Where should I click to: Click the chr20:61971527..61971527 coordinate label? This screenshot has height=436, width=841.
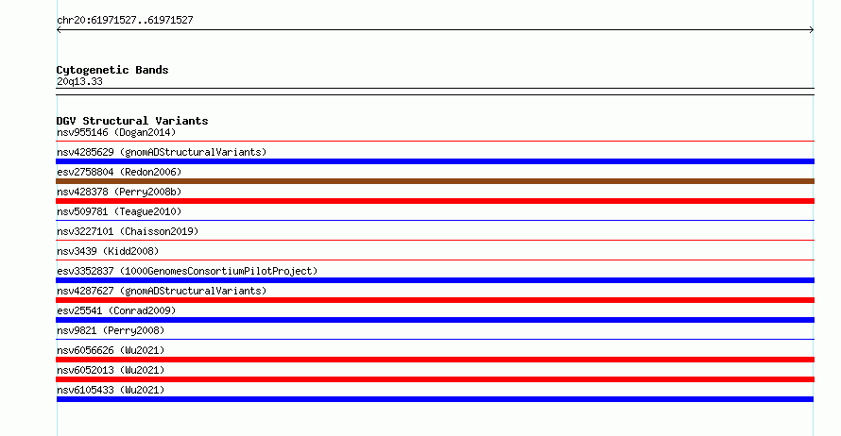point(125,21)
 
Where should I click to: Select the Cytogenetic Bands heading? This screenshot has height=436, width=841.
point(112,70)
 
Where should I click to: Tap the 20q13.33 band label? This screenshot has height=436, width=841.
point(79,81)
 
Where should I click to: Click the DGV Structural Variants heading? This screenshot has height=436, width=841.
point(132,121)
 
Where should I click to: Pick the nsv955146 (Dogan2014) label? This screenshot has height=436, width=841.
point(116,132)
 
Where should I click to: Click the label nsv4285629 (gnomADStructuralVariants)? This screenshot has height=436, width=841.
point(162,152)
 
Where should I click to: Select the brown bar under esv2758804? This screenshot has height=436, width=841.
point(435,181)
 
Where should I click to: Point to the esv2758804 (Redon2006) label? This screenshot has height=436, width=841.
point(119,172)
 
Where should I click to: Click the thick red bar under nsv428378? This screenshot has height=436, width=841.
point(435,201)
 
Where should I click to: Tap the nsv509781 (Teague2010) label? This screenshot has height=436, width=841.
point(119,211)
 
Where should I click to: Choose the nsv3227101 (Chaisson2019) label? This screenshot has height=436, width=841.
point(128,231)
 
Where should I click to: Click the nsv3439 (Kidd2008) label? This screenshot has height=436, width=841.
point(108,251)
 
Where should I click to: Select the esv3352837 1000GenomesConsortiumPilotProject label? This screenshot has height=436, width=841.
point(187,271)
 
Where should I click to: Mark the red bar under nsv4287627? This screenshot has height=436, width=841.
point(435,300)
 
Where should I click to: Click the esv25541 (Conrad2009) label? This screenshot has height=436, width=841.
point(116,310)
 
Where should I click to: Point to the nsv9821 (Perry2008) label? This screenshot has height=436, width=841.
point(111,330)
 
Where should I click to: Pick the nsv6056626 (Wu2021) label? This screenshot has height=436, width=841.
point(111,350)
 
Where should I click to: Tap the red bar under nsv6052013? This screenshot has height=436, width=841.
point(435,379)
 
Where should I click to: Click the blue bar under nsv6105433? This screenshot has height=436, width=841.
point(435,399)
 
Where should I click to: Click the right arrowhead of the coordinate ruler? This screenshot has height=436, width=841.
point(812,30)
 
